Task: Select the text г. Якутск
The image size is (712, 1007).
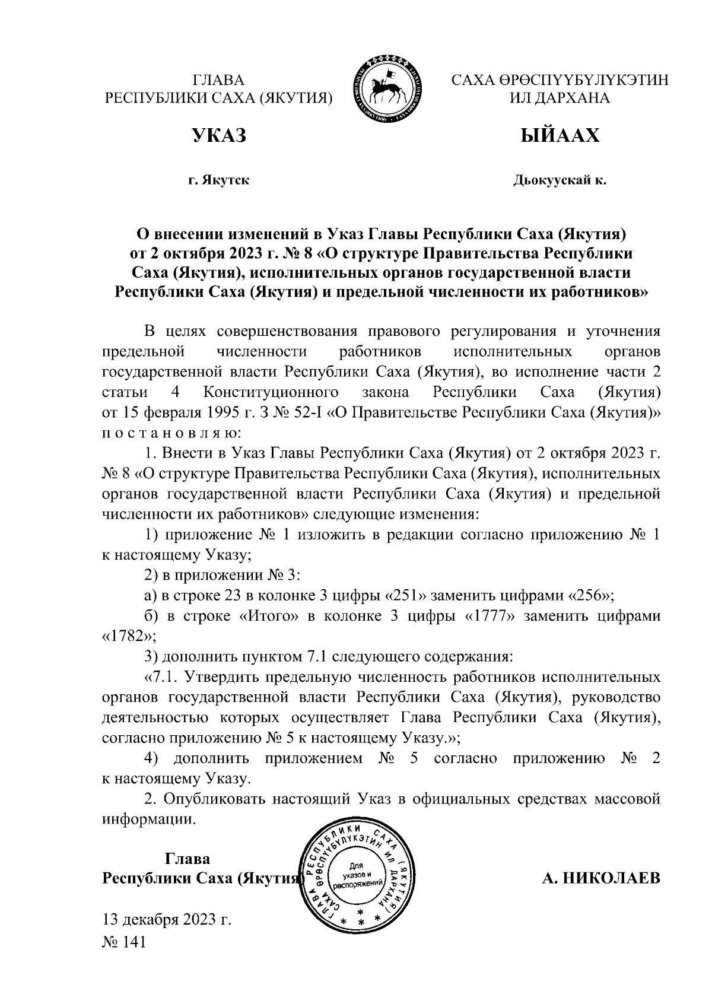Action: click(219, 180)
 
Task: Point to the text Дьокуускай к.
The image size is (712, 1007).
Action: click(560, 180)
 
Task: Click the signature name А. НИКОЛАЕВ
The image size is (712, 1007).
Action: click(601, 879)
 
